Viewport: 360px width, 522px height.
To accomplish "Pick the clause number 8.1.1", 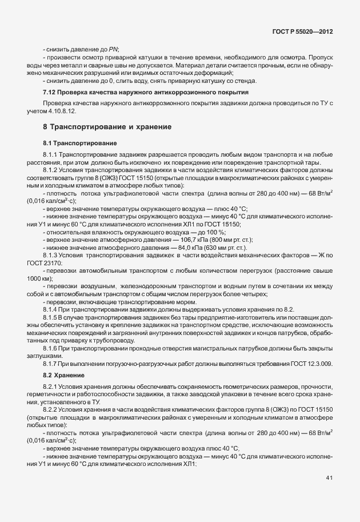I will click(50, 154).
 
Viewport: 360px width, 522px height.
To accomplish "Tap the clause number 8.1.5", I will click(50, 316).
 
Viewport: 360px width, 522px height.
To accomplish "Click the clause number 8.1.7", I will click(50, 363).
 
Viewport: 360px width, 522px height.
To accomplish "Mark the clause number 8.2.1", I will click(50, 387).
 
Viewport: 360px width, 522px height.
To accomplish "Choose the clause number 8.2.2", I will click(50, 411).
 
